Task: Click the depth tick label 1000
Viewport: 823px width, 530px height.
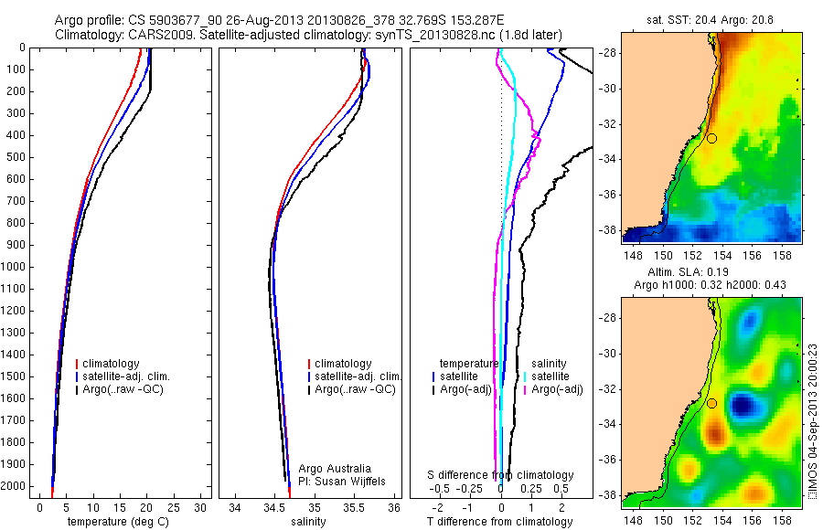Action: click(x=16, y=267)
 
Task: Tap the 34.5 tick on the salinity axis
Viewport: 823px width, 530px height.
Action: click(x=274, y=507)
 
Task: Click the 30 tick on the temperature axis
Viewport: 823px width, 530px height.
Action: click(x=201, y=507)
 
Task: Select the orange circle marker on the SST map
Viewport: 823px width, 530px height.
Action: click(x=711, y=138)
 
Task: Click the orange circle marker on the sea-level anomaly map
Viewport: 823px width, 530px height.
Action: click(x=711, y=403)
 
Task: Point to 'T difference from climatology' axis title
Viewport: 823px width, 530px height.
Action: click(x=499, y=522)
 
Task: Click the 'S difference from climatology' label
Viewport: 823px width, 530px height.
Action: click(x=501, y=475)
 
